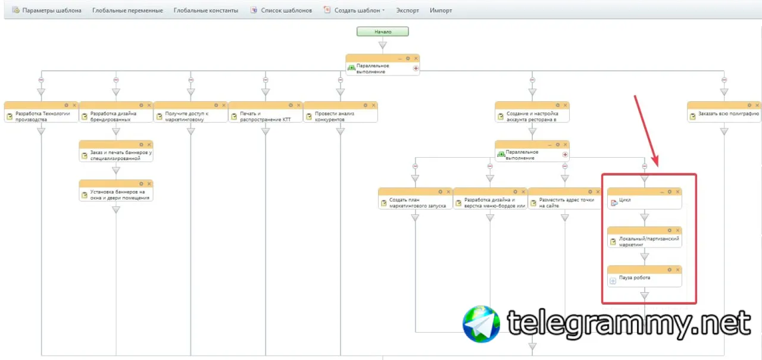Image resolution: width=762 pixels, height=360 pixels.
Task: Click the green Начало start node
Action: click(383, 32)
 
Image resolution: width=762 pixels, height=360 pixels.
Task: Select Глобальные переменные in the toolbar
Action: click(127, 11)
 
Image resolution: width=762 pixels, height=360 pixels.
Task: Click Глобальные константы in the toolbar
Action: click(206, 11)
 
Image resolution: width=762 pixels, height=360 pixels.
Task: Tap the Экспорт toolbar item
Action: click(408, 11)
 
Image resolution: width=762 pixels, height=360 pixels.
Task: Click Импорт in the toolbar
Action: click(441, 11)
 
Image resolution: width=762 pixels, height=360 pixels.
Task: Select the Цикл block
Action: click(644, 201)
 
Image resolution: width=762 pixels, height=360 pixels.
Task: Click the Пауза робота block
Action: click(644, 278)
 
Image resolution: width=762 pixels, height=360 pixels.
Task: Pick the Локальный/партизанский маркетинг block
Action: click(644, 241)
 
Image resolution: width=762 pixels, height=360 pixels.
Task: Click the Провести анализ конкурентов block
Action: click(340, 115)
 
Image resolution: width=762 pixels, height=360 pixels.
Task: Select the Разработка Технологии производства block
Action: click(41, 115)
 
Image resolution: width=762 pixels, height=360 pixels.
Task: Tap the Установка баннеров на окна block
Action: click(116, 194)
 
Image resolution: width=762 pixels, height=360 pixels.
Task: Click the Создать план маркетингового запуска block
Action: click(415, 202)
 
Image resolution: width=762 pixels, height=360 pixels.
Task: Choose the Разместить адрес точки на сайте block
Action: click(565, 202)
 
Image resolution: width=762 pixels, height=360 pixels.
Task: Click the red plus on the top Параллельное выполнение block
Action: click(416, 68)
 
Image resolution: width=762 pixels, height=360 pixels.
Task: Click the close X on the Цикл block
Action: click(677, 192)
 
